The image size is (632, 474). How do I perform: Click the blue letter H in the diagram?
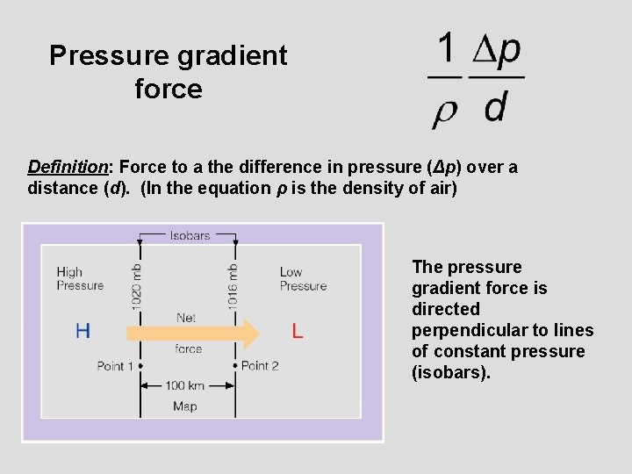pyautogui.click(x=83, y=331)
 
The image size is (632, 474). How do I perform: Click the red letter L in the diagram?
pyautogui.click(x=298, y=332)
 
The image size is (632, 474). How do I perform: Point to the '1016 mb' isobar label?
pyautogui.click(x=233, y=285)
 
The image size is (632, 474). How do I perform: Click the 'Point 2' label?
pyautogui.click(x=260, y=366)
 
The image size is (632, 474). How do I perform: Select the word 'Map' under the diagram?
pyautogui.click(x=185, y=406)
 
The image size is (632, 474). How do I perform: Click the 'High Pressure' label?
pyautogui.click(x=80, y=278)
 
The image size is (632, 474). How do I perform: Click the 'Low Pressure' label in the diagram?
pyautogui.click(x=303, y=278)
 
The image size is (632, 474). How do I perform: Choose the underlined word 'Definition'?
pyautogui.click(x=68, y=167)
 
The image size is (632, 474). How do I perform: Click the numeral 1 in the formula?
pyautogui.click(x=447, y=48)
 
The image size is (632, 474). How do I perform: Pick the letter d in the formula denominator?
pyautogui.click(x=495, y=108)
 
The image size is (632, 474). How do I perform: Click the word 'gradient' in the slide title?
pyautogui.click(x=233, y=56)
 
